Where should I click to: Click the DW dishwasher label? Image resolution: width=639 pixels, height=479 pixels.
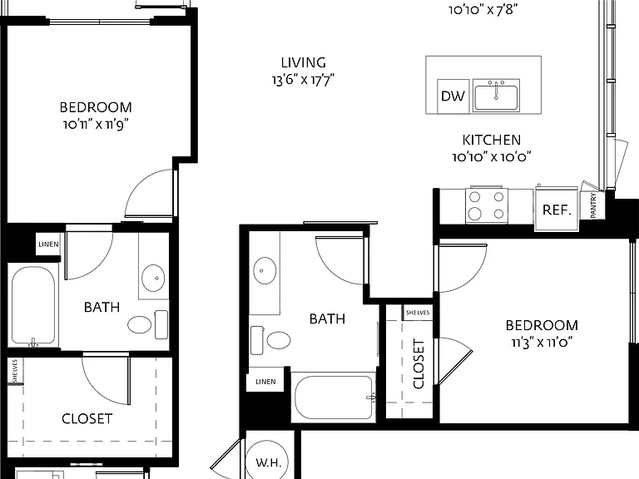[453, 96]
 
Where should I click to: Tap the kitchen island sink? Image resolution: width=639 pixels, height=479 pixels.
[496, 95]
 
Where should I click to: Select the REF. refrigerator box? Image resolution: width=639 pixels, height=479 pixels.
[557, 210]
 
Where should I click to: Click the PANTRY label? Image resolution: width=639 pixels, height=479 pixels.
[593, 205]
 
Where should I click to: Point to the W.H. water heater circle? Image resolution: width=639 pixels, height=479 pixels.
[268, 460]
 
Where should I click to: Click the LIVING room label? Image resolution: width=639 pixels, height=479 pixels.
[304, 62]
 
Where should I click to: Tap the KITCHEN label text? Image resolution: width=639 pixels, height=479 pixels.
[492, 140]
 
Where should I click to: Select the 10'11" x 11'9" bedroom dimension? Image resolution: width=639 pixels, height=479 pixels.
[96, 124]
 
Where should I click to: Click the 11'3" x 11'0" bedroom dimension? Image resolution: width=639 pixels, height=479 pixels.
[542, 343]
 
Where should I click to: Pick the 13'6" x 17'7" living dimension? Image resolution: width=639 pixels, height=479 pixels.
[303, 80]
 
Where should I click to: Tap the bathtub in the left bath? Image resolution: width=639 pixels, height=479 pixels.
[33, 306]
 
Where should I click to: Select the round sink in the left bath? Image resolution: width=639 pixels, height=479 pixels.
[153, 279]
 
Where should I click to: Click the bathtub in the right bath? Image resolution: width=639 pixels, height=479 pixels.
[334, 398]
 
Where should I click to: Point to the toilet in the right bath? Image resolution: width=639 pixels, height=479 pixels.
[270, 340]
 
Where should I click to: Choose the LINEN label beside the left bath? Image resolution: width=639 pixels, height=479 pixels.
[48, 244]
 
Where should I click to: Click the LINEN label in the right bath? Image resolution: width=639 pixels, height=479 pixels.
[265, 382]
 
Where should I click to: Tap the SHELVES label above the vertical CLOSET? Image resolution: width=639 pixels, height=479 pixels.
[418, 313]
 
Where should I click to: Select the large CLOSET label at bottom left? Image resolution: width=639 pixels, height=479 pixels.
[87, 419]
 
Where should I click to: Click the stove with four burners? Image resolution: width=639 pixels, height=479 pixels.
[487, 205]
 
